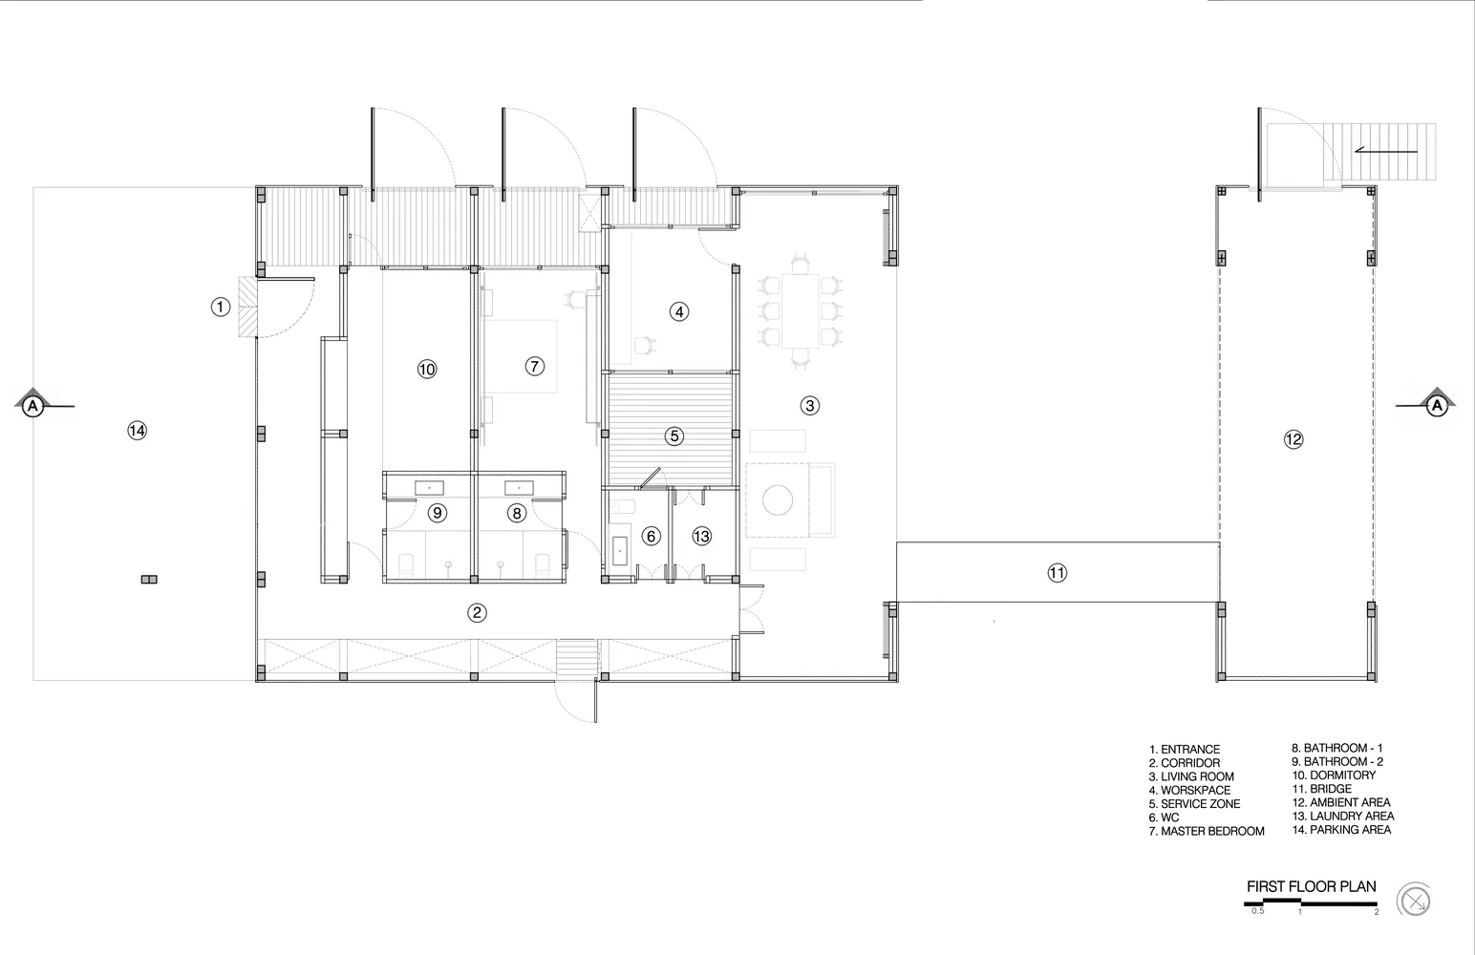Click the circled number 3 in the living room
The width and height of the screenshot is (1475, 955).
coord(810,406)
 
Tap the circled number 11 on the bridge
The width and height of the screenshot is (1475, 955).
coord(1057,573)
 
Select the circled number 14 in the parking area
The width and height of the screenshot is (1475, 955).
coord(137,431)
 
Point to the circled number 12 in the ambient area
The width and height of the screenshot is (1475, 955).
coord(1293,439)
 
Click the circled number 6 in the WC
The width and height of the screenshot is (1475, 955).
coord(652,537)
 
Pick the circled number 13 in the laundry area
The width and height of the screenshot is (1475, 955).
coord(701,537)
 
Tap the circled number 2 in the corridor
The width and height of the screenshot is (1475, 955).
coord(477,613)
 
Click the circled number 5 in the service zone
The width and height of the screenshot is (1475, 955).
coord(673,435)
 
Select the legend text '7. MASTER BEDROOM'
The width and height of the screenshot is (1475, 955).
coord(1207,831)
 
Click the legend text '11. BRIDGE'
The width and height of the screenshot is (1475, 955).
coord(1321,789)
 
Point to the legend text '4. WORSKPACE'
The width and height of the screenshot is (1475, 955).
coord(1190,790)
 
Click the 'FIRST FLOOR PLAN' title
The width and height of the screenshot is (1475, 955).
coord(1311,886)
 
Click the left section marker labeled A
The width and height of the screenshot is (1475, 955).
coord(32,406)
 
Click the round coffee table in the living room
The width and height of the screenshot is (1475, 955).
coord(777,500)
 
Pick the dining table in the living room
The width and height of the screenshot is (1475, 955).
coord(800,310)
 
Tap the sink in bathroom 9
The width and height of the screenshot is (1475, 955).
coord(429,488)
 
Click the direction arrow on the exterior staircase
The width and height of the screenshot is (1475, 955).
coord(1385,152)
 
